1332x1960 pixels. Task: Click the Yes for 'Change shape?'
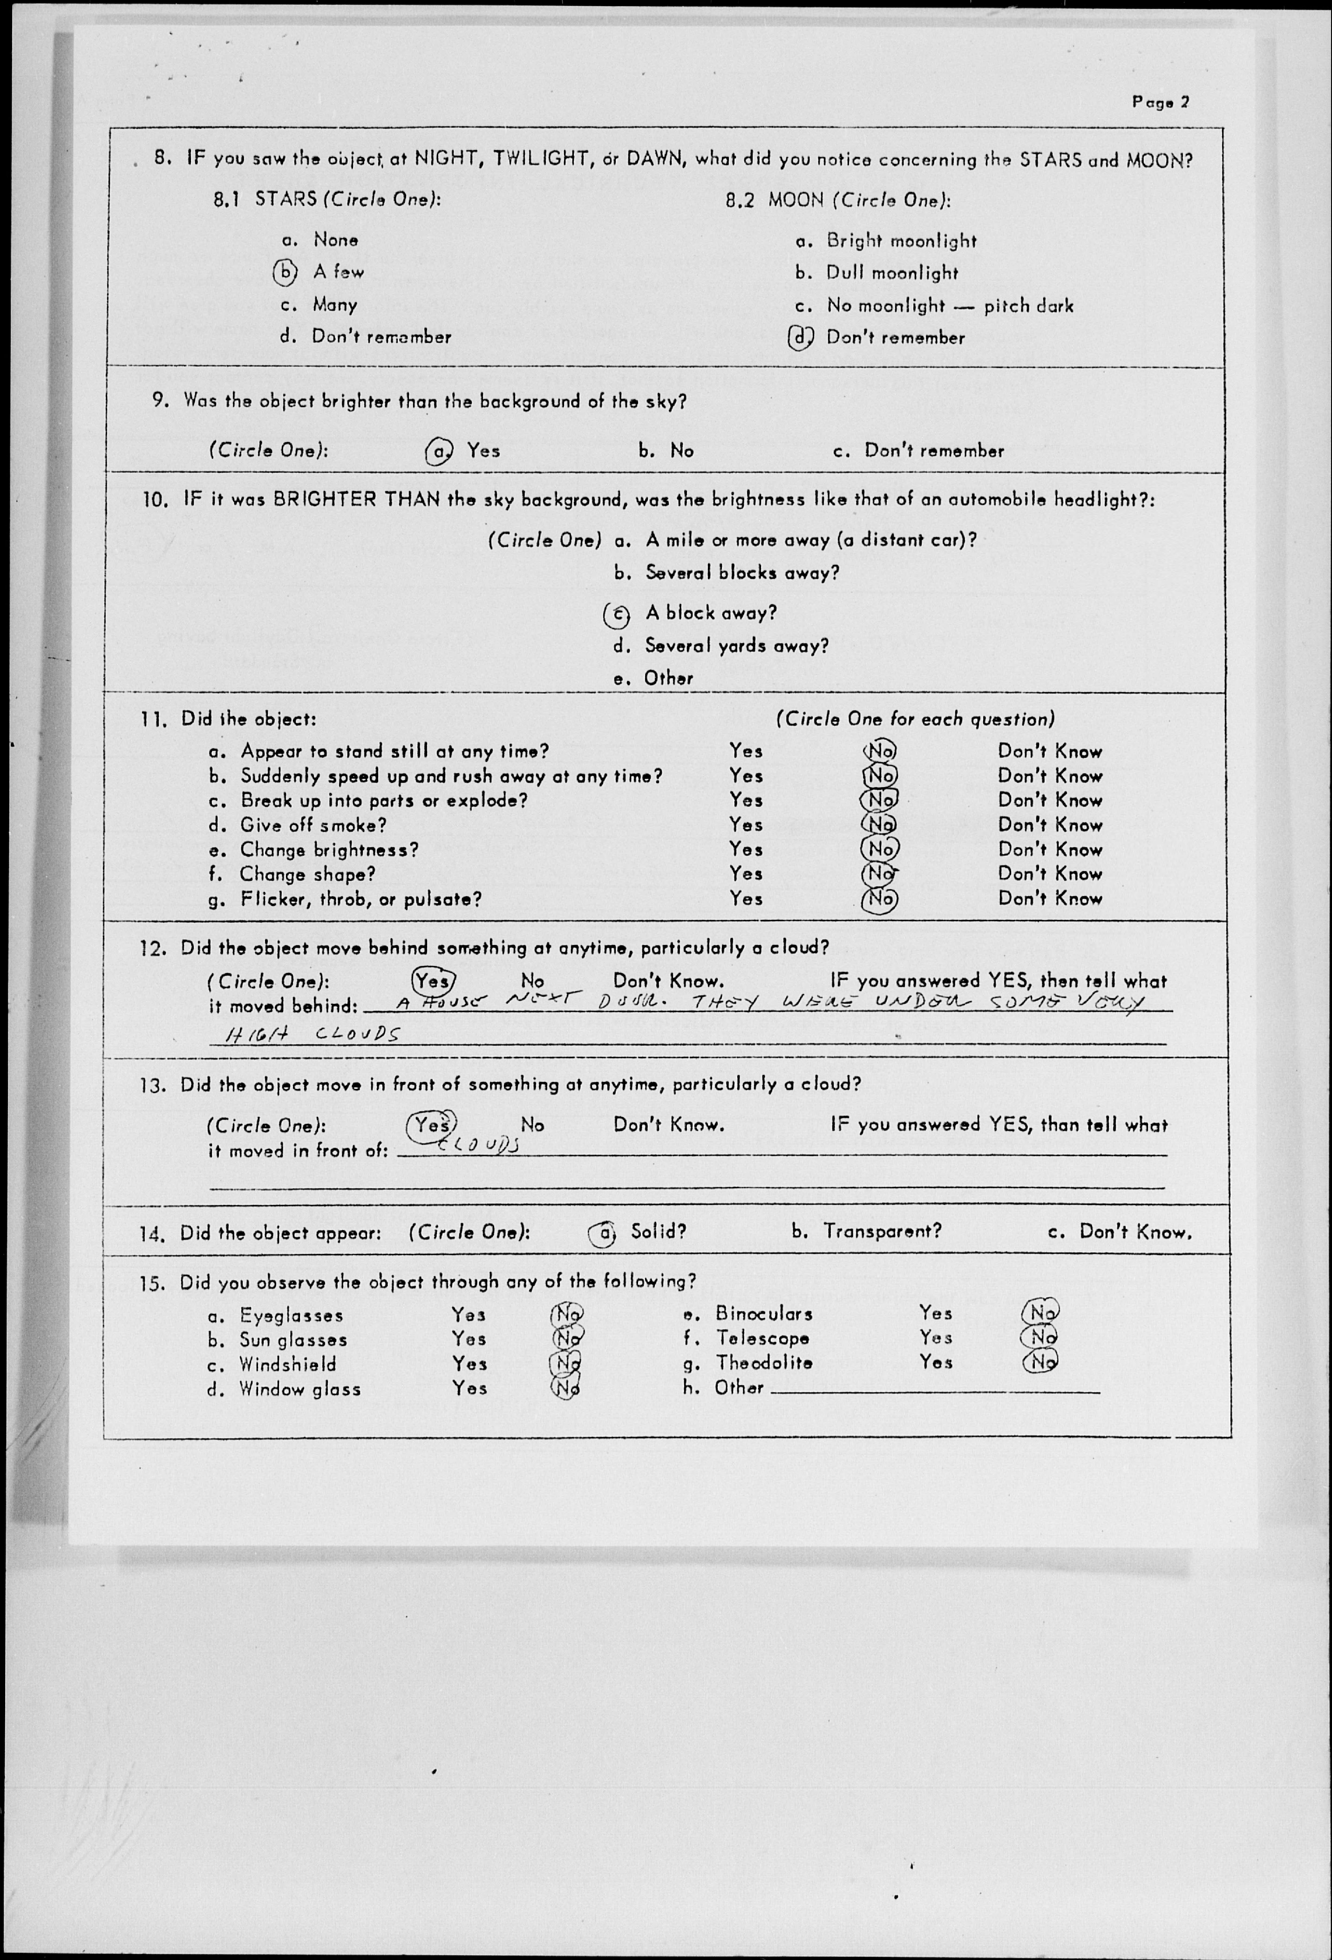point(746,874)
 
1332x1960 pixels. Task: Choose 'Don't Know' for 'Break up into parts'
point(1050,800)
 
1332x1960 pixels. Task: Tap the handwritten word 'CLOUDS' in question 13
point(478,1144)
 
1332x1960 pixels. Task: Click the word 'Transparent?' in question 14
point(882,1232)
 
